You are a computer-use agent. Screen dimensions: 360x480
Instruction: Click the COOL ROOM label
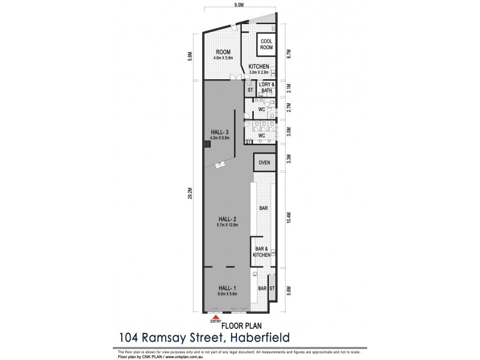(266, 44)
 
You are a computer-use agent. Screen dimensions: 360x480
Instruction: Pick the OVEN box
(263, 163)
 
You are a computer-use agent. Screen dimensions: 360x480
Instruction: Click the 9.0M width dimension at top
(238, 5)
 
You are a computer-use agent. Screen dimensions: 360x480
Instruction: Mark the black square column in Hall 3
(206, 143)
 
